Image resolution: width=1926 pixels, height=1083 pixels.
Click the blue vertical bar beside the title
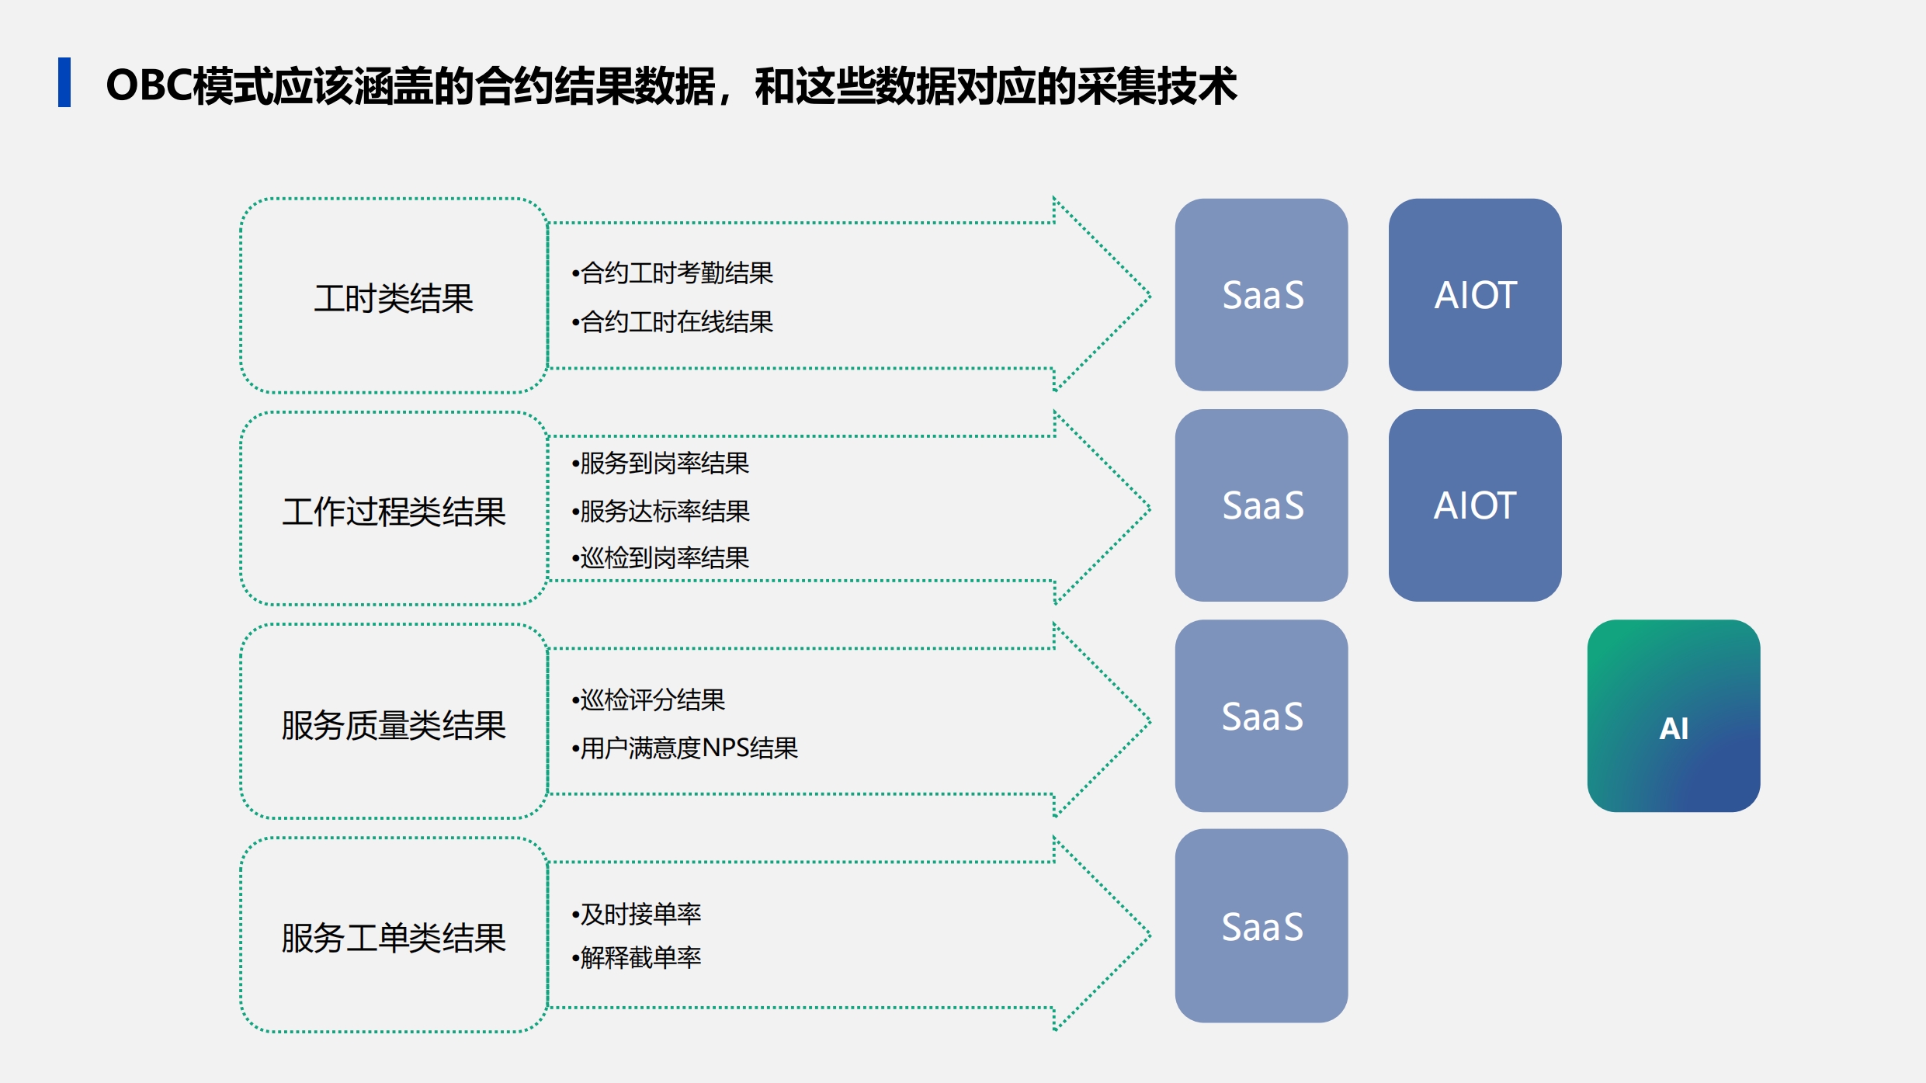pos(64,82)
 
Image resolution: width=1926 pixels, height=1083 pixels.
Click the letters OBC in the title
pos(149,85)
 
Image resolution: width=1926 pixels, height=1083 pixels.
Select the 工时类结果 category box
pos(394,296)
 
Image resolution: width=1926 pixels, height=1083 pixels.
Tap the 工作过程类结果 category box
pos(394,509)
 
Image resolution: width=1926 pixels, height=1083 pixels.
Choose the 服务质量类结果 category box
pos(394,721)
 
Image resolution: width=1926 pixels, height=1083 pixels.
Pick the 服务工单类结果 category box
pos(394,935)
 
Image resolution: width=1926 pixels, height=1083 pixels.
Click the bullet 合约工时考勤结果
pos(672,273)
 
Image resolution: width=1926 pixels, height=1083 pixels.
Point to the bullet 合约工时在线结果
pos(672,321)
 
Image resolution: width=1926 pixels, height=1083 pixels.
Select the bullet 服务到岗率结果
pos(661,463)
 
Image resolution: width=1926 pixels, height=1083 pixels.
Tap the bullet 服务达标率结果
pos(661,512)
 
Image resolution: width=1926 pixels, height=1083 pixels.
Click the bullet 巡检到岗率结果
pos(661,558)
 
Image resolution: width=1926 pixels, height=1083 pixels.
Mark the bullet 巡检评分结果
pos(648,700)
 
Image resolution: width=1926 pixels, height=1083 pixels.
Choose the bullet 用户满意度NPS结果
pos(685,748)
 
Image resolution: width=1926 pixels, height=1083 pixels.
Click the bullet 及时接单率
pos(637,915)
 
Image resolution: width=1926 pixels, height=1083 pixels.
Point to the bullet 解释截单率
pos(637,958)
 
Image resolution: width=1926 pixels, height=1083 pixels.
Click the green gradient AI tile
pos(1674,716)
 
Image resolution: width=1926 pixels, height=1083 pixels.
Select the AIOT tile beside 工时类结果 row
pos(1475,295)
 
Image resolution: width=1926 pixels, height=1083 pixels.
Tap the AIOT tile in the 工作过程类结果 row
pos(1475,505)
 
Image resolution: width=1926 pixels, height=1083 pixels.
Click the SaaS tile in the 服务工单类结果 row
pos(1261,926)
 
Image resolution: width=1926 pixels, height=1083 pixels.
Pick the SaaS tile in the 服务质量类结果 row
pos(1261,716)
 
